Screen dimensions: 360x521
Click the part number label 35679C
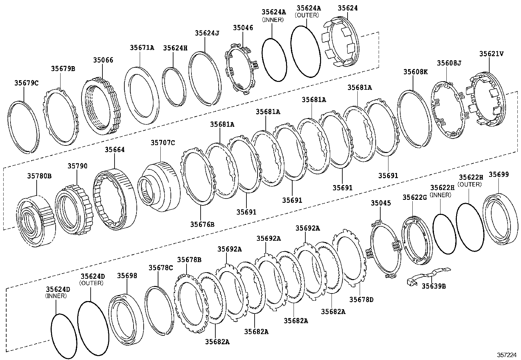tap(26, 83)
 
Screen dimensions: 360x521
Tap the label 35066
tap(103, 60)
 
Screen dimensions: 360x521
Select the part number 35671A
tap(142, 47)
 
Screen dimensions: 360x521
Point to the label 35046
tap(243, 28)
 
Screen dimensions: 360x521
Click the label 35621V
tap(492, 54)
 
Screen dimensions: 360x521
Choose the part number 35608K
tap(415, 72)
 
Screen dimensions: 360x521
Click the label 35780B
tap(39, 176)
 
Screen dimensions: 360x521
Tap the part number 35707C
tap(163, 142)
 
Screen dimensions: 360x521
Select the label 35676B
tap(202, 224)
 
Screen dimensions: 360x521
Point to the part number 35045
tap(381, 203)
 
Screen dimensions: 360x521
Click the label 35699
tap(499, 175)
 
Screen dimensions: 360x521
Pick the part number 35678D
tap(361, 299)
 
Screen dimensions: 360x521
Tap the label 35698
tap(127, 276)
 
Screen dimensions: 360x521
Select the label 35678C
tap(160, 268)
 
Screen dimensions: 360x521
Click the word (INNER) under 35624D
tap(56, 296)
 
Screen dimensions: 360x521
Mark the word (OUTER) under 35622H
tap(470, 184)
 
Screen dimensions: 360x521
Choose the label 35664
tap(115, 150)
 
